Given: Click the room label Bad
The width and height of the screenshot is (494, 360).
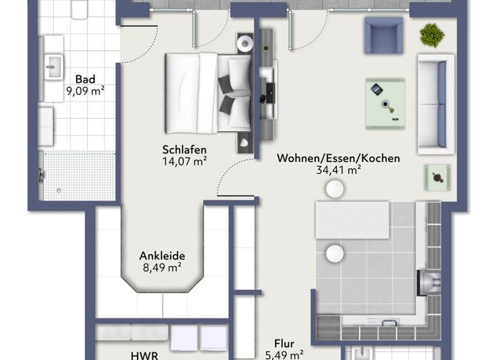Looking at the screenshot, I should click(85, 80).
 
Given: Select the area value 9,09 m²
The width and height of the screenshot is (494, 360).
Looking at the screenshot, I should click(85, 91).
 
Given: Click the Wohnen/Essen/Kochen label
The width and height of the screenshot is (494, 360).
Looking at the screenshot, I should click(338, 158).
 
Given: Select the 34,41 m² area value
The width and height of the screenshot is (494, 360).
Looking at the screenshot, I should click(338, 170).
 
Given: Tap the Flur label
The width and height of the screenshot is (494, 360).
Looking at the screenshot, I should click(284, 343).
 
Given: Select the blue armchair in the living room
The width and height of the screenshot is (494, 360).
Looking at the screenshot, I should click(383, 35).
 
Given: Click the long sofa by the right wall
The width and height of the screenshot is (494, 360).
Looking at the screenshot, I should click(435, 104).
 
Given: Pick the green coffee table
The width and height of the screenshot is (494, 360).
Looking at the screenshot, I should click(385, 103).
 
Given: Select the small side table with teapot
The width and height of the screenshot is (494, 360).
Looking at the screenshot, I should click(437, 177).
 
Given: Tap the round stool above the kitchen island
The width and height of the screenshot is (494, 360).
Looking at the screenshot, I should click(334, 188).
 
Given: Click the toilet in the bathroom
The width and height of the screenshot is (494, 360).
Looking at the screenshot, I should click(78, 9).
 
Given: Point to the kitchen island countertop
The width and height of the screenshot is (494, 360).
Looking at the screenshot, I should click(351, 220).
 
